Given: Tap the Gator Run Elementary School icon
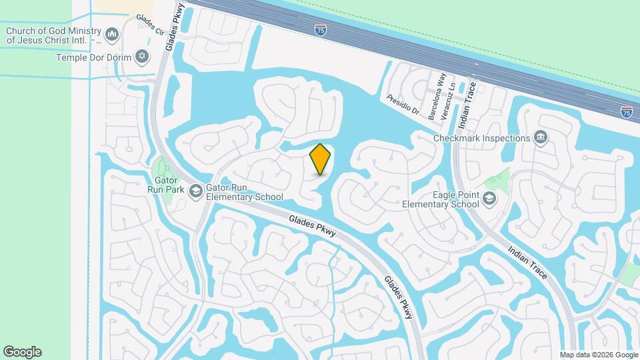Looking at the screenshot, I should click(x=195, y=192).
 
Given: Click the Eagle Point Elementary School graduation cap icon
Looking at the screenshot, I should click(x=490, y=199).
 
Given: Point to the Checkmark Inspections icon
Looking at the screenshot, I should click(x=541, y=138).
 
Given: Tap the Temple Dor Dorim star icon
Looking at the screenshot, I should click(x=141, y=57).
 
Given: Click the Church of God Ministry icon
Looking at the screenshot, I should click(x=112, y=33).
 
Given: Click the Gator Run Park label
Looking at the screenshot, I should click(x=165, y=184).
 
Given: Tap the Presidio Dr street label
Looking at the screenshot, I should click(x=402, y=103).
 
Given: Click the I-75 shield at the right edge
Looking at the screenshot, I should click(x=626, y=112).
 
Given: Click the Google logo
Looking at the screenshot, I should click(x=22, y=351).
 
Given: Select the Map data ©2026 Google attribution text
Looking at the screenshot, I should click(x=599, y=355).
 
